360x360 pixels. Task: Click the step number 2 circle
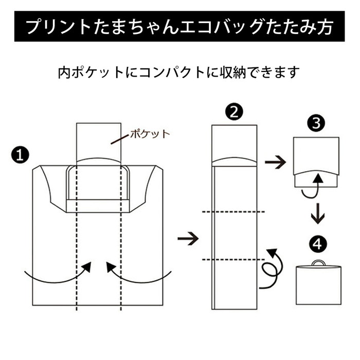click(x=234, y=112)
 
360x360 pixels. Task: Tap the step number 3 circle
click(x=315, y=124)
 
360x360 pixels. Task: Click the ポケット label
click(x=150, y=134)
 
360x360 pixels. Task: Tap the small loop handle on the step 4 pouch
click(x=318, y=263)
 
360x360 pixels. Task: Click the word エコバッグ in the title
click(x=212, y=26)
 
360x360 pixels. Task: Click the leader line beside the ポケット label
click(x=120, y=138)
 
